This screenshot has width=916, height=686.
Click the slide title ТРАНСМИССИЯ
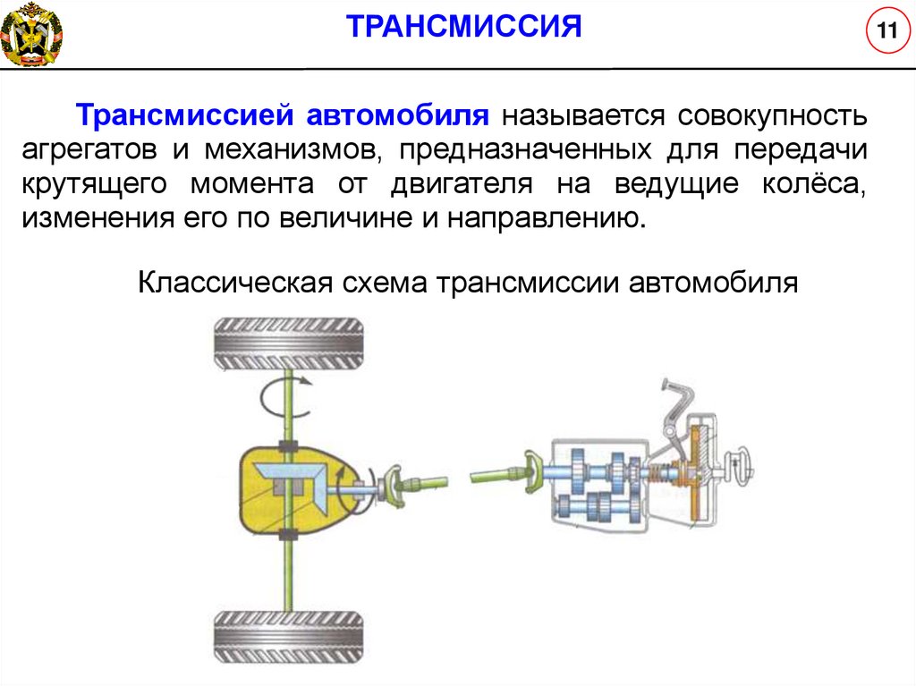click(x=464, y=26)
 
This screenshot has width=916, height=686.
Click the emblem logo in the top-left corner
click(x=31, y=33)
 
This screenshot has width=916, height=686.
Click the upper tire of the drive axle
click(x=287, y=343)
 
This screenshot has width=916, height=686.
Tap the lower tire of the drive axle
click(x=287, y=636)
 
